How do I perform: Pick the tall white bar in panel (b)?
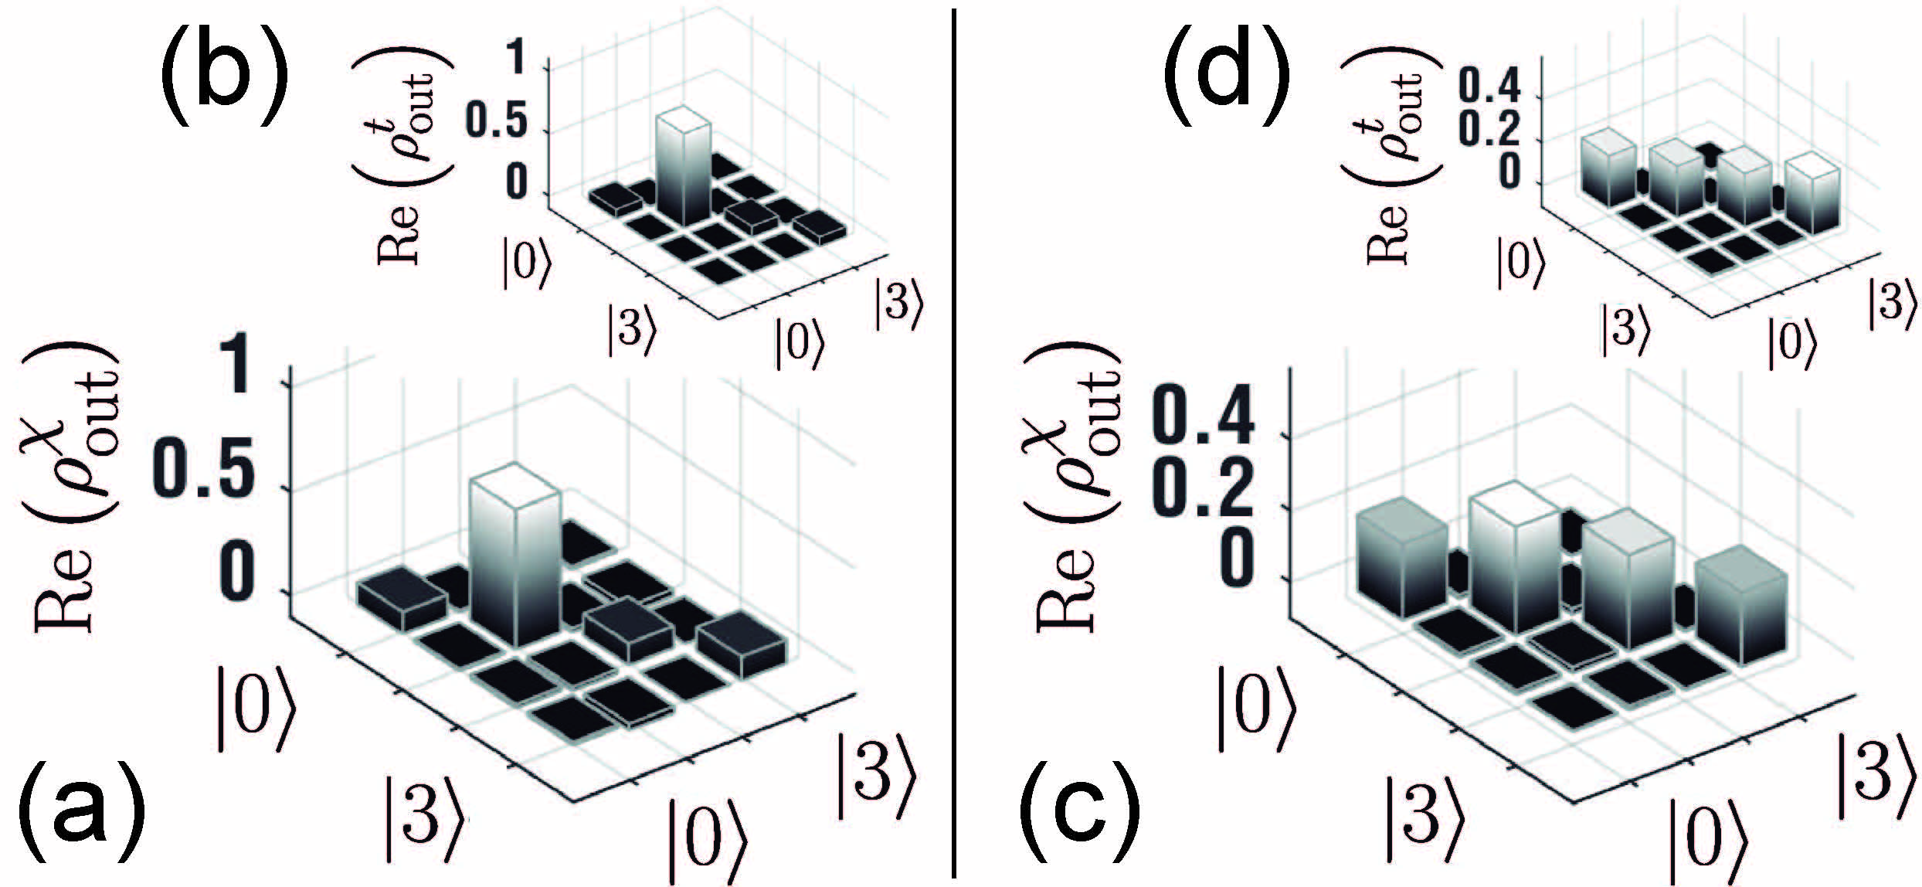coord(683,170)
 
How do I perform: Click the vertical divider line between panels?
coord(956,443)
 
